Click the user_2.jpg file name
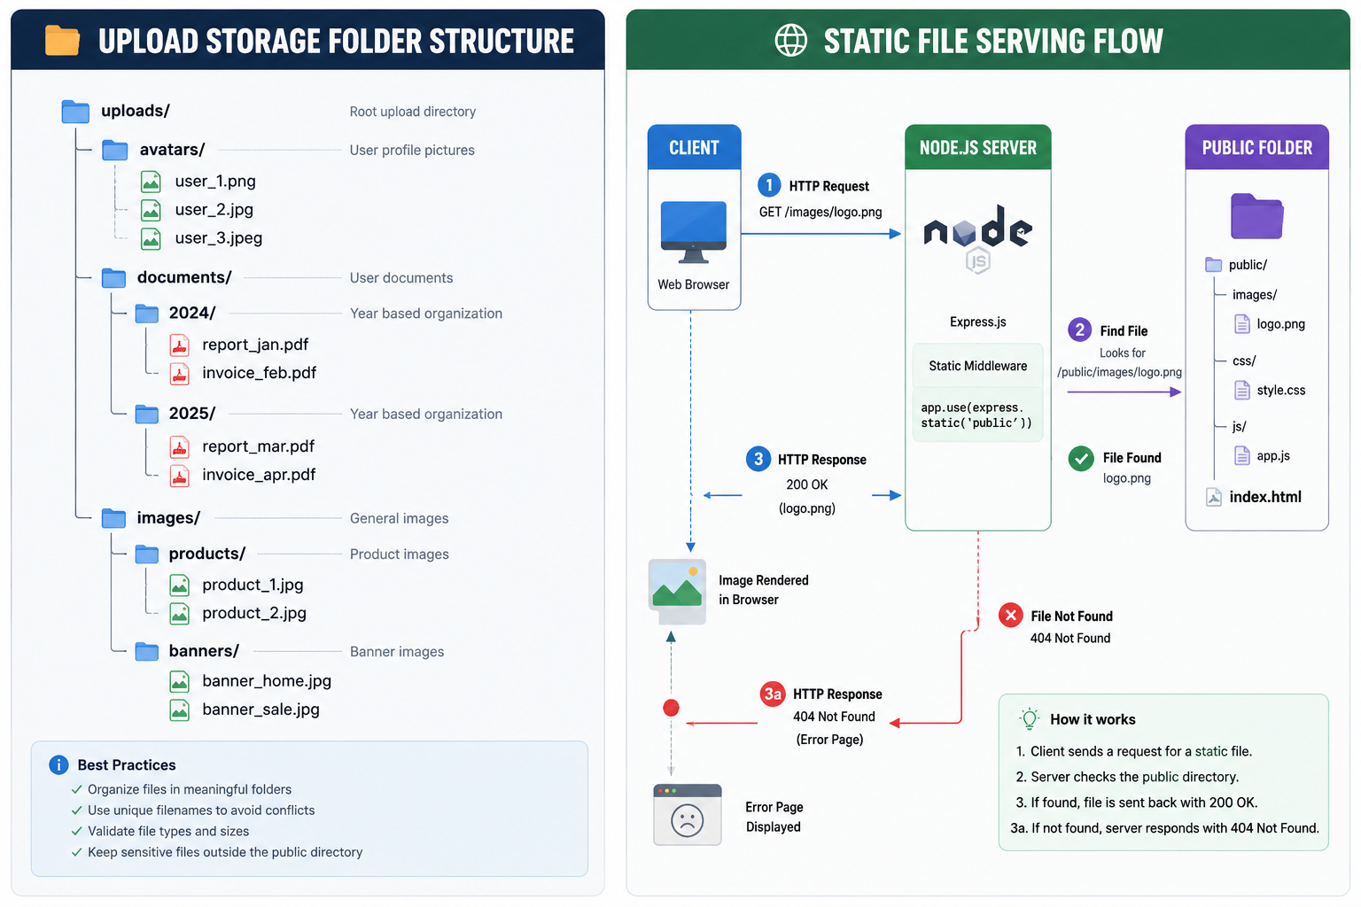click(214, 210)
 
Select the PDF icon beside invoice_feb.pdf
click(179, 374)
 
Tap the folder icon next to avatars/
click(115, 150)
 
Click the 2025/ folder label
click(192, 413)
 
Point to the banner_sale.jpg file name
click(261, 709)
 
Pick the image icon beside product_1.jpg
click(179, 585)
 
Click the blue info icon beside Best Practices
click(58, 765)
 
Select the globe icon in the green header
click(791, 41)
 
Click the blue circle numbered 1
click(769, 185)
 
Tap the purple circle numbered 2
click(1080, 329)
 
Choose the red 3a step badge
click(773, 694)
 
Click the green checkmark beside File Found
click(1081, 459)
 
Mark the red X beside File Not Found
click(1010, 616)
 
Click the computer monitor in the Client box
click(693, 231)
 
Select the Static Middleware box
click(977, 366)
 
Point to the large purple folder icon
click(1256, 216)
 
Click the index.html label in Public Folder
click(1265, 497)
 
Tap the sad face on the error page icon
click(688, 821)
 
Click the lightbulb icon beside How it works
click(1030, 718)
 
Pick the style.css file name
click(1280, 390)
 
